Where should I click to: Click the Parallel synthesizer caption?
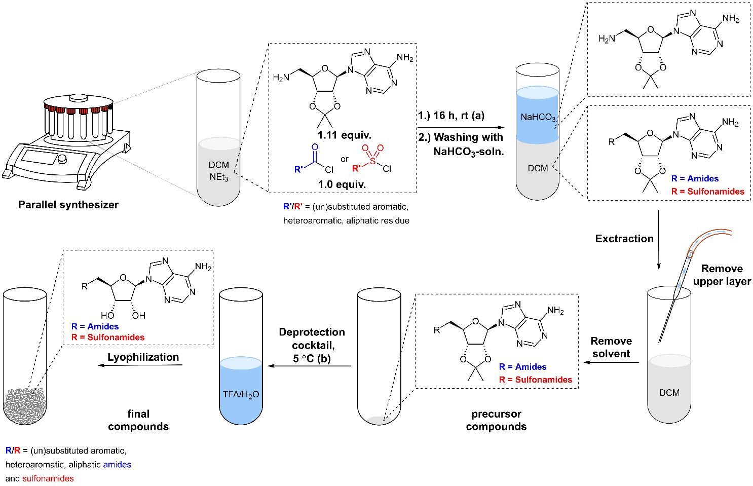[x=68, y=205]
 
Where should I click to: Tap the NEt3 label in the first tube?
[x=219, y=175]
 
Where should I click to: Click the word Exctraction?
[x=624, y=238]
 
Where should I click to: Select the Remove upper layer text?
[x=722, y=275]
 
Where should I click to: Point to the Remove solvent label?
[x=611, y=347]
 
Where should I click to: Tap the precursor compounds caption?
[x=496, y=420]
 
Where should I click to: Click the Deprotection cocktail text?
[x=312, y=339]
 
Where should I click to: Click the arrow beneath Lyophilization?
[x=140, y=365]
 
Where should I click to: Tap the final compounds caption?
[x=138, y=420]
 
